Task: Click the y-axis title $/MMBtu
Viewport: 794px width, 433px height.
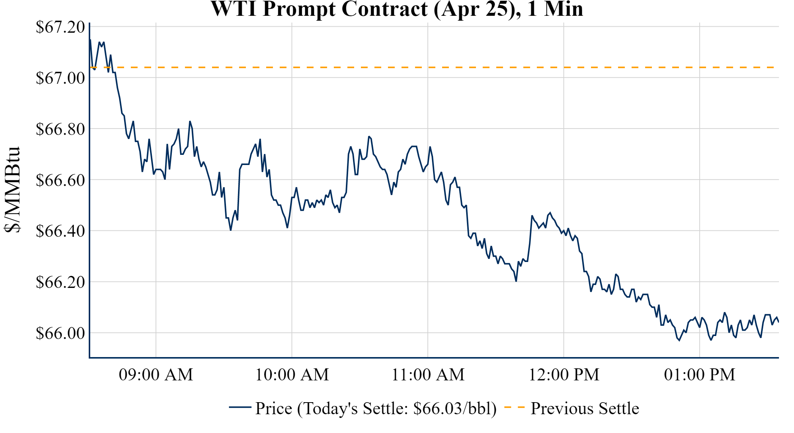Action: [x=13, y=190]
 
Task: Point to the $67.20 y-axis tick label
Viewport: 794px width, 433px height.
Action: [x=60, y=27]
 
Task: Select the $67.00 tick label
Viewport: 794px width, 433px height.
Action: [x=60, y=78]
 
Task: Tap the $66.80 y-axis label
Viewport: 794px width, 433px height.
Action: [x=60, y=129]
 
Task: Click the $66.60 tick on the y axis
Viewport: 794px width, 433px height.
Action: [x=60, y=180]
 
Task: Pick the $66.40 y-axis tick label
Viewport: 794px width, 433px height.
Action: [x=60, y=231]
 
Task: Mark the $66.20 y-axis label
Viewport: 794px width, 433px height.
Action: [x=60, y=282]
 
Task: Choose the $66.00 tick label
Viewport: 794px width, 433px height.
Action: [x=60, y=333]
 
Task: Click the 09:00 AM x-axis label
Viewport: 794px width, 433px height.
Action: [x=156, y=375]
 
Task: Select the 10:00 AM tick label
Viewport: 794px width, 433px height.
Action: [x=292, y=375]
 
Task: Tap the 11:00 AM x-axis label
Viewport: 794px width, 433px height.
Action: [x=428, y=375]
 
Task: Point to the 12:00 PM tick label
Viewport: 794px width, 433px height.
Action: [x=564, y=375]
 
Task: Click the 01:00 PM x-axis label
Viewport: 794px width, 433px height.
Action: [x=700, y=375]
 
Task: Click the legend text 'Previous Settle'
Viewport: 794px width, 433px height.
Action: [x=585, y=408]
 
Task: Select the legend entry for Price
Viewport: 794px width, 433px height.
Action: [x=376, y=408]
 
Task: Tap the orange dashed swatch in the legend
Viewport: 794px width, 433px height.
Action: [x=514, y=407]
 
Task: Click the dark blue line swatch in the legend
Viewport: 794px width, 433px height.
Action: [x=240, y=407]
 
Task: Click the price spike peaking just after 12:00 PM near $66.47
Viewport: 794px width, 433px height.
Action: [x=550, y=213]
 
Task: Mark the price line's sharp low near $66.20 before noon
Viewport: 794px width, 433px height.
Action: [x=516, y=281]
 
